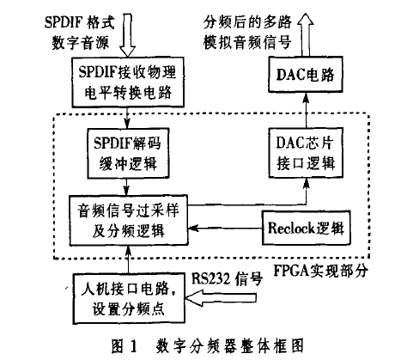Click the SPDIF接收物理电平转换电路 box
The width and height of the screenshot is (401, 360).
click(x=128, y=82)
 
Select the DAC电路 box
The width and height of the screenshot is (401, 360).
click(x=306, y=75)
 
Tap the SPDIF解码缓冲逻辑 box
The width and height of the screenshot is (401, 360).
click(x=128, y=153)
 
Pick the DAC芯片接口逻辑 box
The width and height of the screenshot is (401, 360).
click(x=306, y=153)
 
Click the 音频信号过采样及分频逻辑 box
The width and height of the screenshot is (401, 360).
click(x=129, y=220)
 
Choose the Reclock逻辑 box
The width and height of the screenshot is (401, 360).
click(x=307, y=228)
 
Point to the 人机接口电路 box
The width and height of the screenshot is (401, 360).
click(x=129, y=299)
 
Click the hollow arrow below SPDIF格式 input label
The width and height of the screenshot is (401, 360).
click(x=127, y=35)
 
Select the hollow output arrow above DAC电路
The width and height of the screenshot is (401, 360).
click(x=306, y=35)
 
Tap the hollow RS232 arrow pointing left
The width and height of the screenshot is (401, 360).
click(x=221, y=298)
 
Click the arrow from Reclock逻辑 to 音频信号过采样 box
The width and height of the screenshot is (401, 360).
click(x=225, y=229)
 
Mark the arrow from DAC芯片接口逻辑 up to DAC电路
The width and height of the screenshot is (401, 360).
click(x=306, y=110)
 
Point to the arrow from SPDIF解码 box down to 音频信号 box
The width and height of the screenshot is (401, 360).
click(x=127, y=186)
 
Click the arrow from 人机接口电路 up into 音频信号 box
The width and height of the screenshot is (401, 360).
click(x=128, y=259)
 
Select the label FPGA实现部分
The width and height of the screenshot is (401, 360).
click(x=320, y=271)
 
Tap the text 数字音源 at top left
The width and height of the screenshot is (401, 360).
click(x=81, y=43)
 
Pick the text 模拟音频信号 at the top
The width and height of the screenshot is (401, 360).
click(x=247, y=42)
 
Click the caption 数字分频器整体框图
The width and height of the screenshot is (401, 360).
click(x=229, y=346)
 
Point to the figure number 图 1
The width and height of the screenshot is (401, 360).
click(x=125, y=346)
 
